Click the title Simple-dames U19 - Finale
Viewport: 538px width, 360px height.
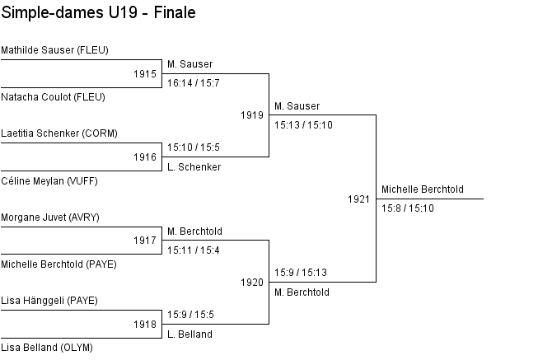point(99,12)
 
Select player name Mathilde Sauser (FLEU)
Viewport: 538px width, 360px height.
point(55,50)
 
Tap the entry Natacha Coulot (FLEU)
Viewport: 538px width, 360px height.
point(54,97)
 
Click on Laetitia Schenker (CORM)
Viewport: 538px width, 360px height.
point(59,133)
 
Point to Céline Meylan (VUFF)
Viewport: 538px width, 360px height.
point(49,181)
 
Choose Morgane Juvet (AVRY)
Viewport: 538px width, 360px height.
point(50,217)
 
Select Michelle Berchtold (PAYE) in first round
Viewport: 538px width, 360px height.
point(59,264)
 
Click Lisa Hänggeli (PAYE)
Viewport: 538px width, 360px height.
point(49,301)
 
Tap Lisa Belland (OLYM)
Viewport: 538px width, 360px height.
point(47,348)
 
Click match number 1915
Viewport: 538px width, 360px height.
point(145,74)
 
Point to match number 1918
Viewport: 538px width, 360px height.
point(145,325)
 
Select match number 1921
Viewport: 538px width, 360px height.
point(359,199)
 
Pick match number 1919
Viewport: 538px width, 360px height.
point(252,115)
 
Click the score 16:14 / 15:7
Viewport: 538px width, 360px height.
point(194,83)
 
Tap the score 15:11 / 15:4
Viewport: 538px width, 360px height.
point(194,250)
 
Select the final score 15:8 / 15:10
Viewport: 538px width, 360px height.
point(408,208)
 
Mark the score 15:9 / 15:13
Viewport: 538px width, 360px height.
point(301,273)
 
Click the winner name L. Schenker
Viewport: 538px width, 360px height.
point(194,167)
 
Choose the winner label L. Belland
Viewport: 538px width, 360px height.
point(189,334)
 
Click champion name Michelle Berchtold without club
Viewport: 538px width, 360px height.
point(423,189)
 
